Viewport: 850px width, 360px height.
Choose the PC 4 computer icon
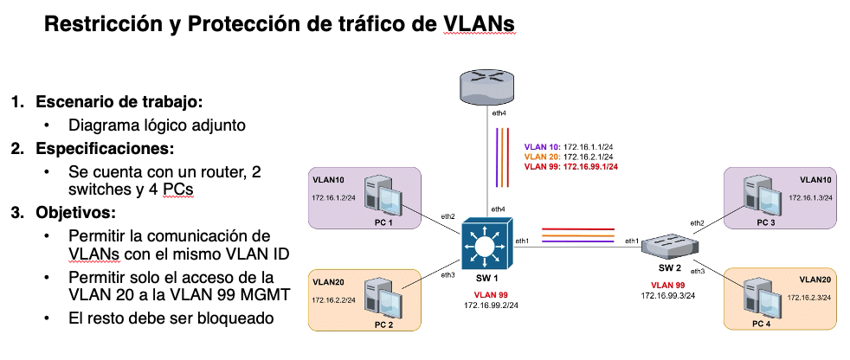tap(763, 297)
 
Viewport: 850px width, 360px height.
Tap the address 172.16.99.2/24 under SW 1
tap(491, 305)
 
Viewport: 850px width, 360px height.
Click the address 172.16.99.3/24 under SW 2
tap(668, 295)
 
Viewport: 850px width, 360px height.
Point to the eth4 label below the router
tap(499, 112)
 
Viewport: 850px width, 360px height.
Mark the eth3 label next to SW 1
tap(448, 275)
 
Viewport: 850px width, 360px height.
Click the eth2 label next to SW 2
tap(697, 222)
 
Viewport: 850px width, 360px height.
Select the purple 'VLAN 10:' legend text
tap(542, 145)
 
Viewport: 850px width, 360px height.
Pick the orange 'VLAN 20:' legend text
tap(542, 156)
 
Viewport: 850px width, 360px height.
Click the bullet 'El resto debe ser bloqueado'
tap(171, 318)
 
